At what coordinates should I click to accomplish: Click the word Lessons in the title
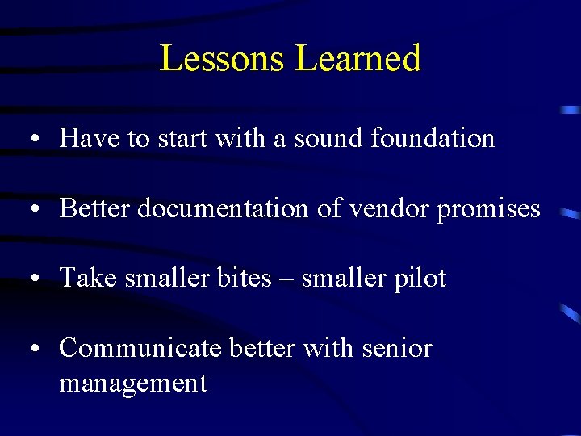tap(223, 58)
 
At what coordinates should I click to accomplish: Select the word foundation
tap(433, 139)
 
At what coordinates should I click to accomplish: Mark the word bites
tap(244, 279)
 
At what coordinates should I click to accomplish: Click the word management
tap(133, 383)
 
